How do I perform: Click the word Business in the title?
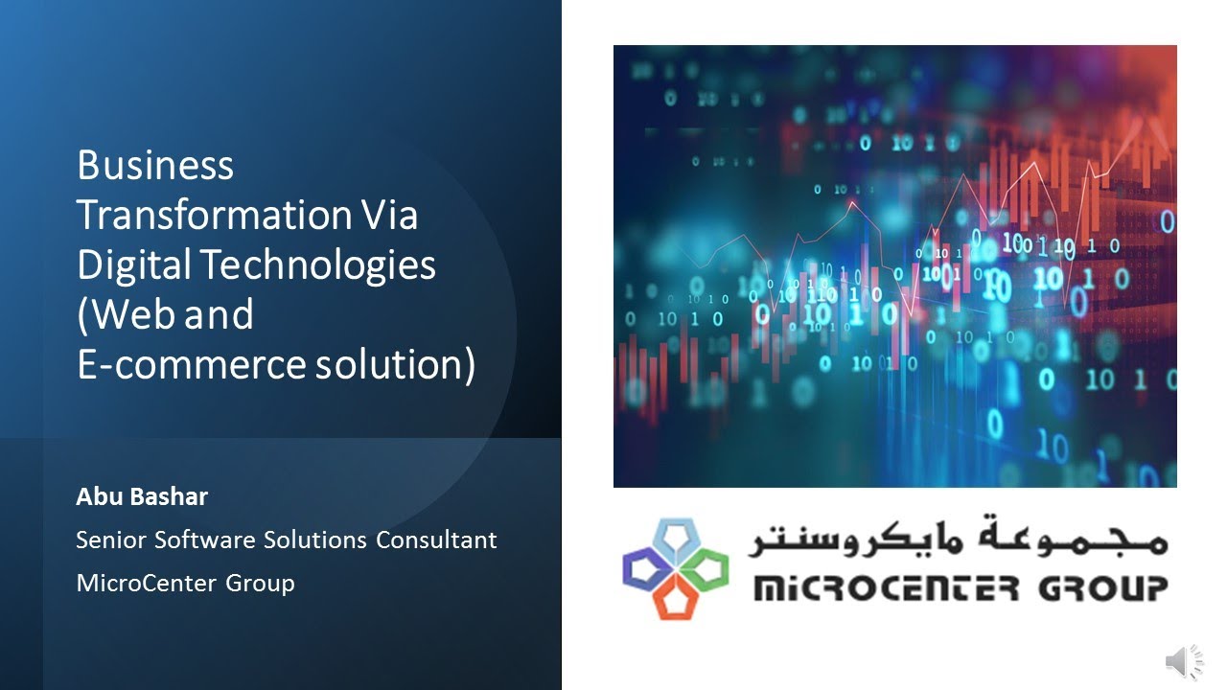click(x=155, y=166)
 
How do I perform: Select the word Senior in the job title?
click(x=110, y=540)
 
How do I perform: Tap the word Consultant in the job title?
click(x=436, y=540)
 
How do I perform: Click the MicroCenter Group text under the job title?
click(x=185, y=582)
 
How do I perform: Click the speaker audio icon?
click(x=1184, y=662)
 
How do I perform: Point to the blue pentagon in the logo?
click(x=675, y=537)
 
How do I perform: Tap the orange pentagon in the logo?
click(x=675, y=598)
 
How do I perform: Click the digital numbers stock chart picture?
click(x=894, y=266)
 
